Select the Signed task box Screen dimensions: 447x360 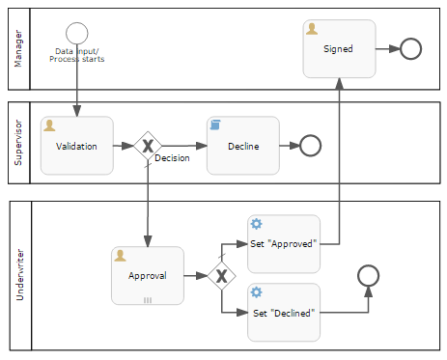(339, 49)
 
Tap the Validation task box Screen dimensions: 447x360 (77, 146)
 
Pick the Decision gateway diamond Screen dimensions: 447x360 (148, 146)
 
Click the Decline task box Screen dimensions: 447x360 (243, 146)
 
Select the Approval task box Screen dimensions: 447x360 (148, 276)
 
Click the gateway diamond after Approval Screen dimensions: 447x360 (221, 276)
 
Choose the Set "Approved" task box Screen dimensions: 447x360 (284, 244)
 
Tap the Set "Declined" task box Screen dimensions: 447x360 (284, 313)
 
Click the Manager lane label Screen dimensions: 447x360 (18, 48)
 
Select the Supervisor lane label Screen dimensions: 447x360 (18, 143)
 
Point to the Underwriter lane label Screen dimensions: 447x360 (20, 275)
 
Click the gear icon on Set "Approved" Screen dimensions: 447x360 (256, 224)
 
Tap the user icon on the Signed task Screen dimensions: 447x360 (312, 29)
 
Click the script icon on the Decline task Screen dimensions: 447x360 (215, 125)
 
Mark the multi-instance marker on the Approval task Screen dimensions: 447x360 (148, 300)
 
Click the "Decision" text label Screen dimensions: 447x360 (172, 158)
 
